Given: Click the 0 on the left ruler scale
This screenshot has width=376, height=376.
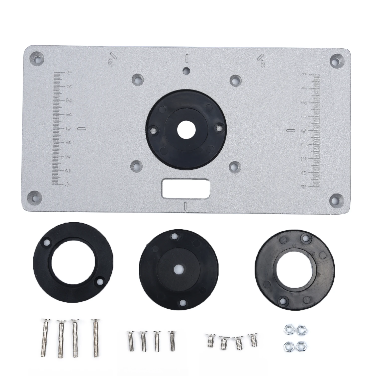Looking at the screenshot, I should [68, 129].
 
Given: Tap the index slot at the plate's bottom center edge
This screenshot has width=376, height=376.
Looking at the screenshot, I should [185, 206].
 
